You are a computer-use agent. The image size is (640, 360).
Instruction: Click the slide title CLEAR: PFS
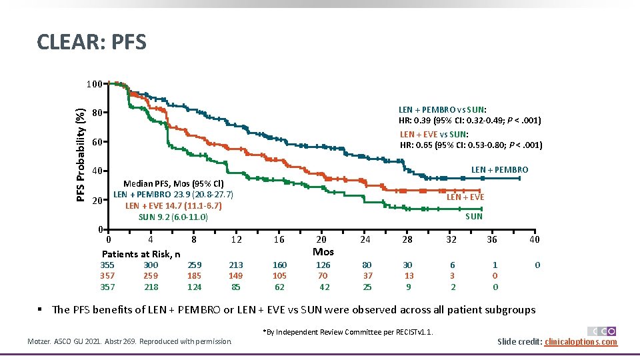click(x=91, y=43)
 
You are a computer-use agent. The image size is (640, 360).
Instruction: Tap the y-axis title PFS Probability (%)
click(x=80, y=155)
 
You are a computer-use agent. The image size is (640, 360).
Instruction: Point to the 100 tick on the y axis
click(x=94, y=85)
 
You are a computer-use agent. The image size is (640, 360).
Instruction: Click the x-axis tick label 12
click(x=236, y=240)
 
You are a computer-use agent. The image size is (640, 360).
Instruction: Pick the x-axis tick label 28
click(x=407, y=240)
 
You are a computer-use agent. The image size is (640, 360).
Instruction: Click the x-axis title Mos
click(x=323, y=252)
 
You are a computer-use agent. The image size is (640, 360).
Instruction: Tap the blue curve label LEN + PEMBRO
click(x=499, y=170)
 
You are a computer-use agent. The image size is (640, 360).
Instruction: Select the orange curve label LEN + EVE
click(x=465, y=197)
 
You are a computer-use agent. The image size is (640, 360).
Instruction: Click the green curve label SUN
click(x=474, y=216)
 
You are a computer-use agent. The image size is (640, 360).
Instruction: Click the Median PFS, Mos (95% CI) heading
click(x=173, y=184)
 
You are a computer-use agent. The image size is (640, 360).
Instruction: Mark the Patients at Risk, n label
click(x=141, y=254)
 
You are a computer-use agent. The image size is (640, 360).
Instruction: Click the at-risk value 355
click(x=107, y=265)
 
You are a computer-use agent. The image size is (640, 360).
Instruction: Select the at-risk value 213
click(x=236, y=265)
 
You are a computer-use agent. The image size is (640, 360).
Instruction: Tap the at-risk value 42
click(x=324, y=287)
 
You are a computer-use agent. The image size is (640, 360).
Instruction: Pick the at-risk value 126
click(x=323, y=265)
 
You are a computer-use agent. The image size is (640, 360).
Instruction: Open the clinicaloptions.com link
click(x=581, y=342)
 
